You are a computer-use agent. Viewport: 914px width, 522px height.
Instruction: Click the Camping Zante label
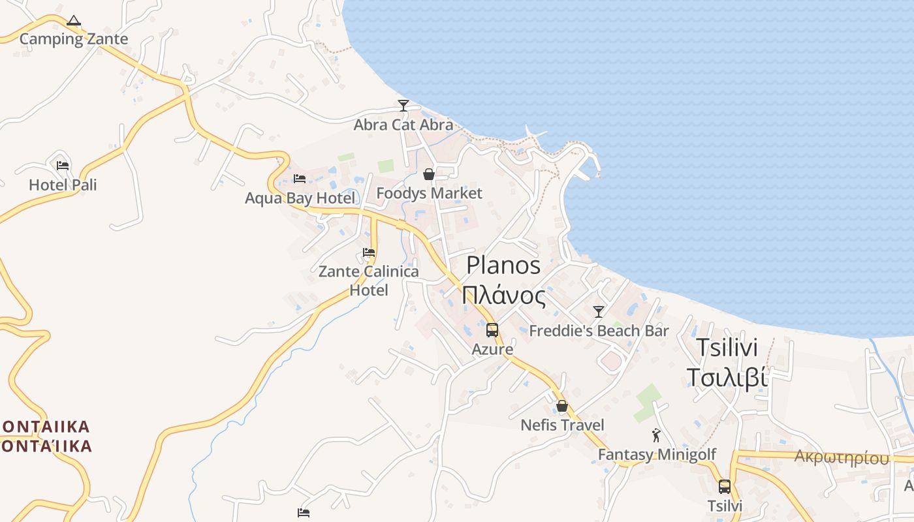click(74, 39)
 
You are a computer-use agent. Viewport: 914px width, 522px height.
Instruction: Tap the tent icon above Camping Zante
click(74, 21)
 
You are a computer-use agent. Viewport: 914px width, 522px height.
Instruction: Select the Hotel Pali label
click(63, 185)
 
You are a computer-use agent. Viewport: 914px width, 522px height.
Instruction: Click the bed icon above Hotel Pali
click(63, 166)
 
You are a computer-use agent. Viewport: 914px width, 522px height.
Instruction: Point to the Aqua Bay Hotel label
click(300, 198)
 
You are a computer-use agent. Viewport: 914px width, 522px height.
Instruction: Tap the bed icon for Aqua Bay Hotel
click(300, 178)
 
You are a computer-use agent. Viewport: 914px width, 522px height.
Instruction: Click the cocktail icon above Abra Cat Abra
click(403, 105)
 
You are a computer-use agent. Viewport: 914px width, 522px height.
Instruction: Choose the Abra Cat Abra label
click(403, 125)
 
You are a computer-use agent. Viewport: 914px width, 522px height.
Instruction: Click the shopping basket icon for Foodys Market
click(429, 174)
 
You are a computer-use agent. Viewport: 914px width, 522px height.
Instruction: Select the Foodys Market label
click(430, 193)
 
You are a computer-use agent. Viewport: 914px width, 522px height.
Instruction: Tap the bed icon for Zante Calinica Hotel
click(369, 253)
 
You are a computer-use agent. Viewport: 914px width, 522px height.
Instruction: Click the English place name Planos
click(503, 266)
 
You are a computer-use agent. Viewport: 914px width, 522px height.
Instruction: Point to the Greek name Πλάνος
click(503, 296)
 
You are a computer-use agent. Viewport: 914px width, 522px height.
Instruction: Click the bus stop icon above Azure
click(492, 330)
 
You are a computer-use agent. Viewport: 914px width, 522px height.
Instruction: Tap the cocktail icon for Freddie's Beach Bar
click(598, 311)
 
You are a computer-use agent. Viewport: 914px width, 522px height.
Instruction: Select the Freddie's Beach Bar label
click(599, 331)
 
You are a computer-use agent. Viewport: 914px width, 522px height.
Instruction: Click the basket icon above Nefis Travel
click(562, 406)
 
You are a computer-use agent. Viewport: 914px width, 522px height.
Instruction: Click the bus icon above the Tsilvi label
click(725, 486)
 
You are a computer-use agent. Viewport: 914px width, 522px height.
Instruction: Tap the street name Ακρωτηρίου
click(842, 457)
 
